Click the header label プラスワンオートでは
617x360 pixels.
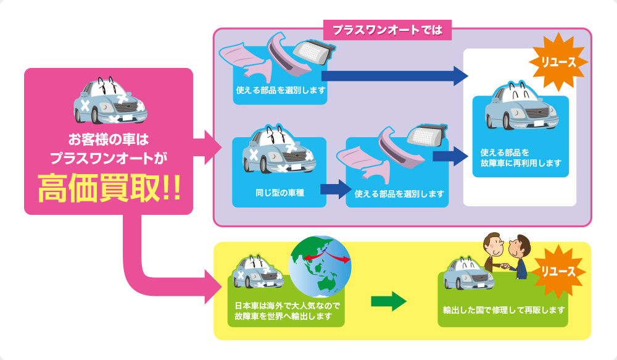click(387, 29)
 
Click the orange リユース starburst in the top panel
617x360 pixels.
click(558, 62)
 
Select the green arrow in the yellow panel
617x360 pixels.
click(389, 301)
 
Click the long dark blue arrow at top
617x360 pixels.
click(395, 75)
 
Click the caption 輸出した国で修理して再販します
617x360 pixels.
click(503, 310)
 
